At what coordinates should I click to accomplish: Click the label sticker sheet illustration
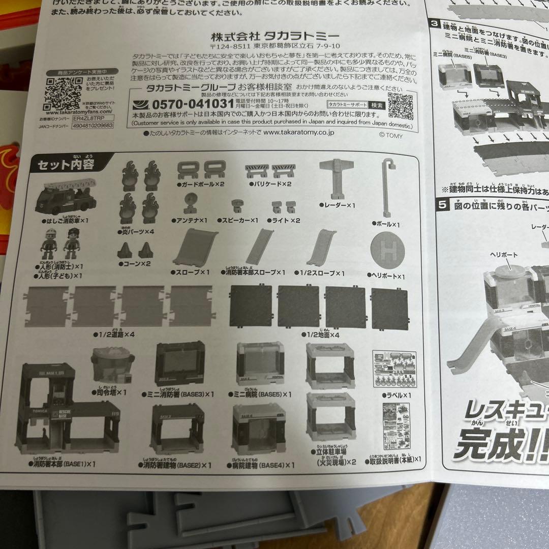click(394, 369)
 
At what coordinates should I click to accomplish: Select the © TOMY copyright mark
click(390, 135)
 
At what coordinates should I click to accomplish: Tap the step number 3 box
click(435, 23)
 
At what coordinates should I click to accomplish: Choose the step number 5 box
click(442, 206)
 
